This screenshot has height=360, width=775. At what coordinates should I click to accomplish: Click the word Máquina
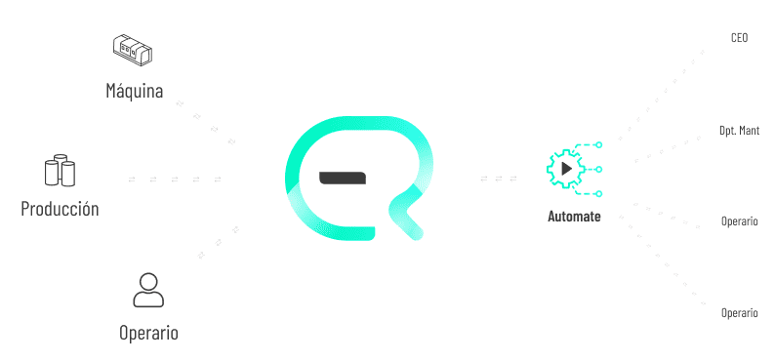135,91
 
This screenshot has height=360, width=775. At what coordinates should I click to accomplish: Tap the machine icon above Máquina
132,51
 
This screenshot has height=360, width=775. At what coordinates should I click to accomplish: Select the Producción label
60,209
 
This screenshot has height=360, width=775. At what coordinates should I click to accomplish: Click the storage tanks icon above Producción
60,171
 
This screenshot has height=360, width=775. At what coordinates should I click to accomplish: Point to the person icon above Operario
148,291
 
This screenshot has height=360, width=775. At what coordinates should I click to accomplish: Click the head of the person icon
148,282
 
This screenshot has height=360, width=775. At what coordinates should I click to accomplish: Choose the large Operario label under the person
148,333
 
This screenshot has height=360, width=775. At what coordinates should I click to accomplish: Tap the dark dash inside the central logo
343,179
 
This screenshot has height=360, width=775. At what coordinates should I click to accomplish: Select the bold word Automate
574,217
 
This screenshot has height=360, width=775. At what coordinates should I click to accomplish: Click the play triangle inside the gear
567,169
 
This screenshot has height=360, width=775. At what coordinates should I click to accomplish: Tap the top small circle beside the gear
598,144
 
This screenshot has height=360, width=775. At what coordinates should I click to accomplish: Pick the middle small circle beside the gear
598,170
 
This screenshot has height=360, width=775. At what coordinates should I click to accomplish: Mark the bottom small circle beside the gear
598,193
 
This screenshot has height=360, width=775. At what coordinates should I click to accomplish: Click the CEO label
740,37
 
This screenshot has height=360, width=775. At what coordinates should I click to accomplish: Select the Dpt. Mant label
740,131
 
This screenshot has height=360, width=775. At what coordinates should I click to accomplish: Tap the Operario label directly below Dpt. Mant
740,221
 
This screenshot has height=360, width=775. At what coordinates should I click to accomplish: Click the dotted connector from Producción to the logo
175,180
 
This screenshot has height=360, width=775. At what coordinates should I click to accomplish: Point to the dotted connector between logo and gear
499,179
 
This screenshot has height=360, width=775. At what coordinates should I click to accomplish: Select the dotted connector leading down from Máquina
205,123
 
